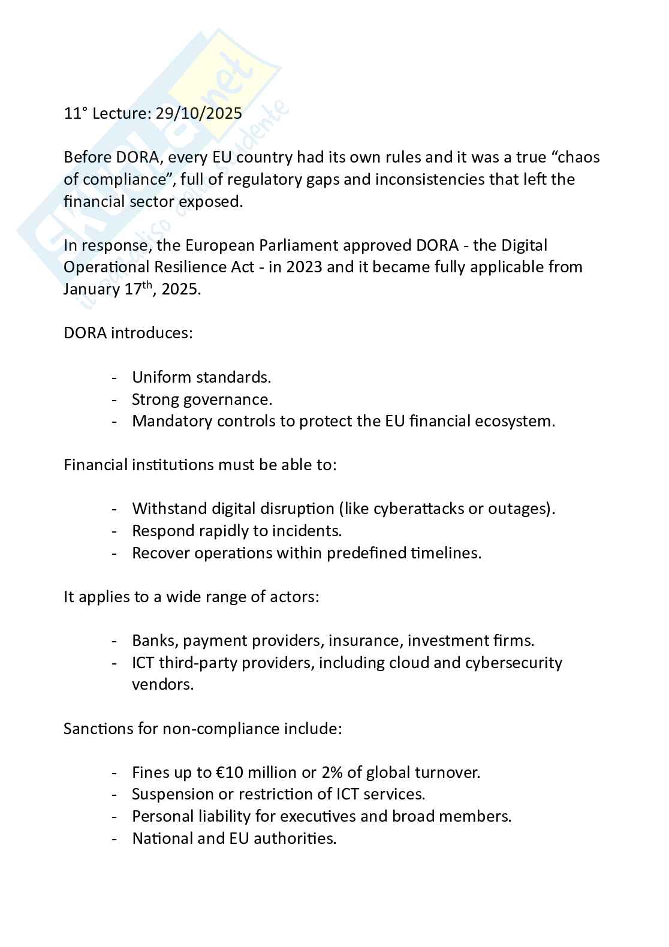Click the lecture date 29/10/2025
click(198, 113)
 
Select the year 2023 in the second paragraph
click(305, 267)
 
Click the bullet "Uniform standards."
click(201, 377)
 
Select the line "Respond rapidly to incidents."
click(237, 531)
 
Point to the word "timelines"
click(445, 553)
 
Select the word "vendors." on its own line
click(162, 684)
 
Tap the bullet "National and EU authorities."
click(234, 838)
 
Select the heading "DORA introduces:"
click(128, 333)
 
